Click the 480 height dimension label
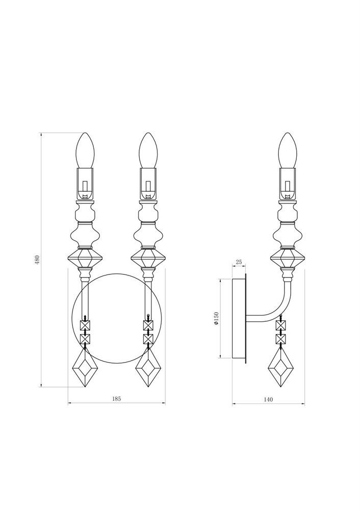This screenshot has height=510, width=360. pyautogui.click(x=37, y=260)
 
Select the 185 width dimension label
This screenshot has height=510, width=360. pyautogui.click(x=116, y=398)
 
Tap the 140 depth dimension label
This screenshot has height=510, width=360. pyautogui.click(x=268, y=399)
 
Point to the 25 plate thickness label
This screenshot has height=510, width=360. pyautogui.click(x=239, y=262)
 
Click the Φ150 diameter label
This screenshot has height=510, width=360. pyautogui.click(x=217, y=318)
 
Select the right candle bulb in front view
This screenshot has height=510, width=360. pyautogui.click(x=148, y=150)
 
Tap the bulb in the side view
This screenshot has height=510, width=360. pyautogui.click(x=288, y=150)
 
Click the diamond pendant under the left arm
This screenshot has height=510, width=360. pyautogui.click(x=85, y=368)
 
